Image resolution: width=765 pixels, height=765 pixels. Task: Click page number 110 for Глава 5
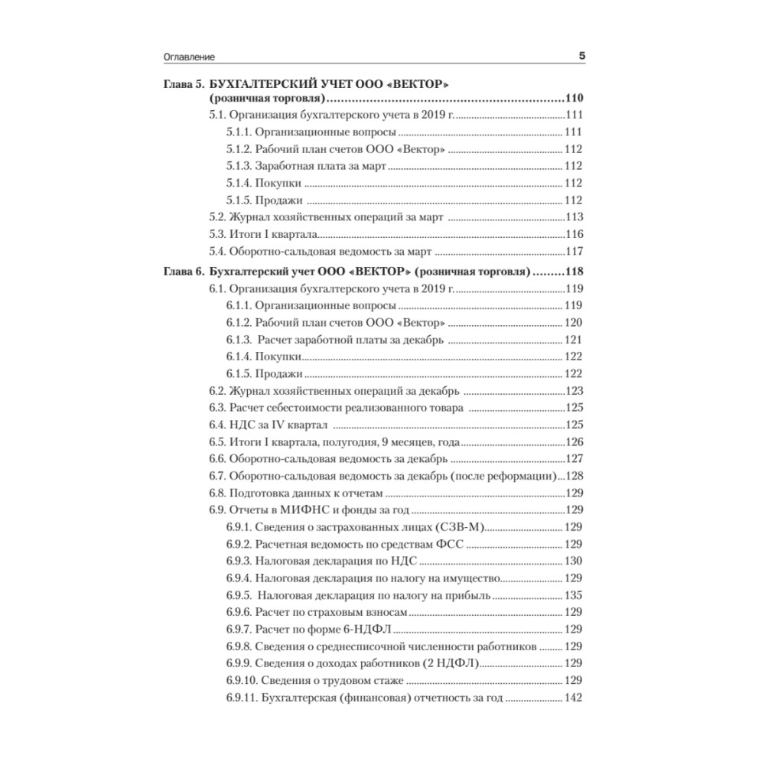pos(573,99)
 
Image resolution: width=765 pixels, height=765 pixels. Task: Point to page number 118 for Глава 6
pos(573,272)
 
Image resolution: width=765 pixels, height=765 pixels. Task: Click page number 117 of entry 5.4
pos(574,251)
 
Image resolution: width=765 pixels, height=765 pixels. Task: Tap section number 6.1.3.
pos(240,340)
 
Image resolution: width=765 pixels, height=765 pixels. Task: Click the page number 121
pos(574,340)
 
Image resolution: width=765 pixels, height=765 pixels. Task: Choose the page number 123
pos(574,390)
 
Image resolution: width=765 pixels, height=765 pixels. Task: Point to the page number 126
pos(574,441)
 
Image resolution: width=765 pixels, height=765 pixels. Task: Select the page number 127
pos(574,459)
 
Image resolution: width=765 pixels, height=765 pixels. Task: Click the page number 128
pos(574,476)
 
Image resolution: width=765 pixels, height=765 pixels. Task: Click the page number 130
pos(574,562)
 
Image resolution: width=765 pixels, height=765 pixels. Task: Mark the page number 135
pos(574,595)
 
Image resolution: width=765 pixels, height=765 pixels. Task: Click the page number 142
pos(574,698)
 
